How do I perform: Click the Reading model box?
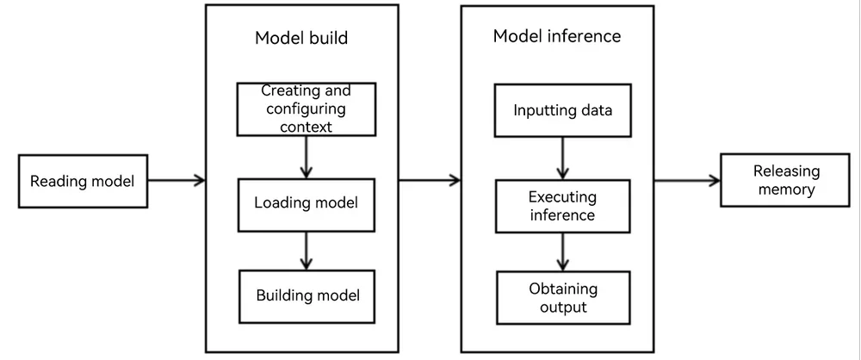tap(83, 181)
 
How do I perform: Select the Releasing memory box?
tap(784, 180)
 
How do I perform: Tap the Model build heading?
tap(301, 38)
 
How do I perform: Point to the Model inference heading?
tap(557, 35)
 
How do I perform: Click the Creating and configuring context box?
tap(307, 109)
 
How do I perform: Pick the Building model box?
tap(307, 296)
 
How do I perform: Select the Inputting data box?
tap(562, 110)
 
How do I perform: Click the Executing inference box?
tap(562, 206)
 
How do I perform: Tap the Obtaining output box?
tap(563, 297)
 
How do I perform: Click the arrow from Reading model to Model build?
tap(177, 180)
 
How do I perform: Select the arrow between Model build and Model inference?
tap(430, 180)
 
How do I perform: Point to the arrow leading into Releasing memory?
tap(687, 180)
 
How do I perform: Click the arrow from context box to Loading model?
tap(306, 158)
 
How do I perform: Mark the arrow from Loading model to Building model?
tap(306, 251)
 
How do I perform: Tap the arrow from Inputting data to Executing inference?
tap(561, 158)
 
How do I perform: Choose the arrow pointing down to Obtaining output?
tap(561, 251)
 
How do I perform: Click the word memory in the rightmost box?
tap(785, 190)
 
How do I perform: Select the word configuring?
tap(306, 109)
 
